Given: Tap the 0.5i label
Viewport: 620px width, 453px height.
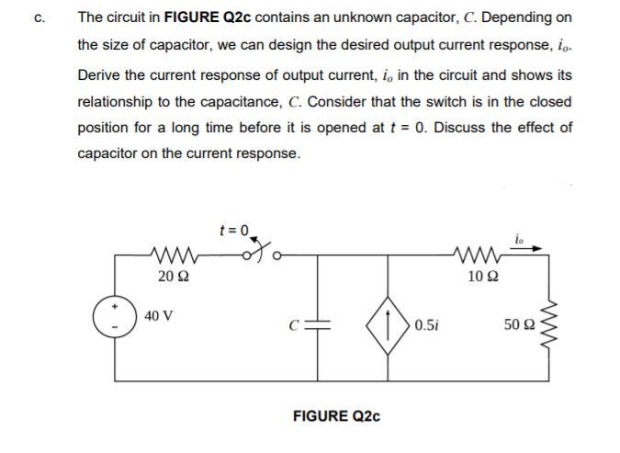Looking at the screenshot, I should [427, 324].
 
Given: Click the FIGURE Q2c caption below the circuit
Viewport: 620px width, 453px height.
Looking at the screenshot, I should [336, 416].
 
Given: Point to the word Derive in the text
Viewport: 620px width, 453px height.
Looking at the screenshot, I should [98, 74].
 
